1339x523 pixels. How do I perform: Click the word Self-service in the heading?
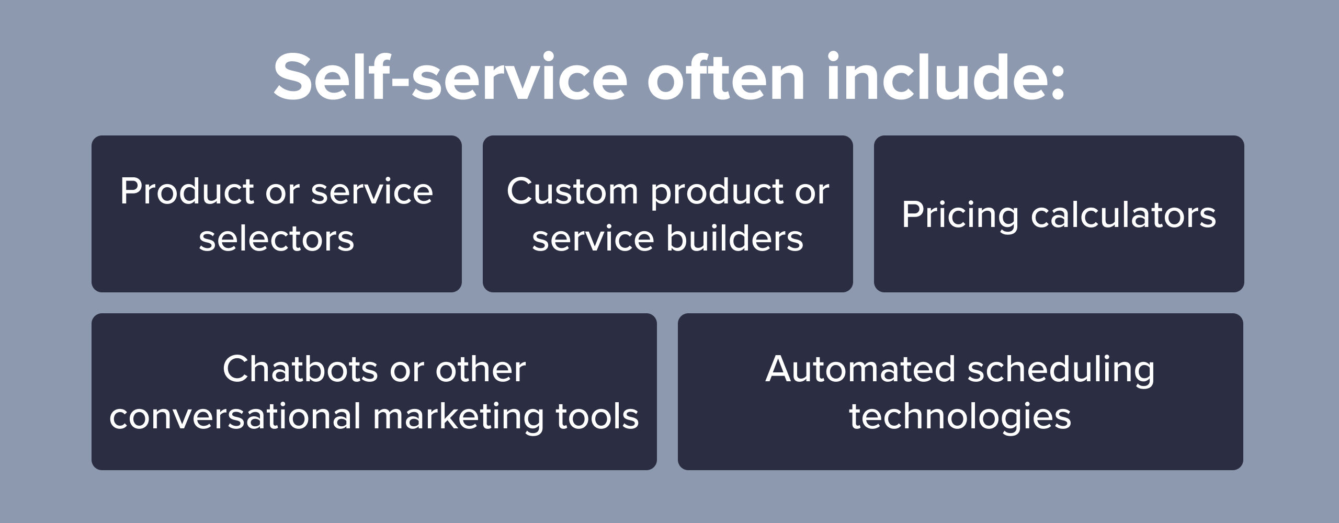[450, 77]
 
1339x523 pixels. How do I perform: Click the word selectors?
[277, 239]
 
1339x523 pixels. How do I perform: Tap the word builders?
[735, 238]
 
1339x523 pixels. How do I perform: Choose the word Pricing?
[960, 215]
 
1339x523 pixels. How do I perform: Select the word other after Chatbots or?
[481, 369]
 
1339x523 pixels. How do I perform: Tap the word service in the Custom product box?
[593, 239]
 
